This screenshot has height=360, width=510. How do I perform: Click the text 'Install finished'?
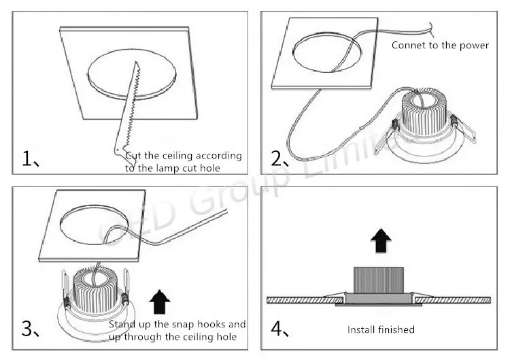point(381,329)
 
